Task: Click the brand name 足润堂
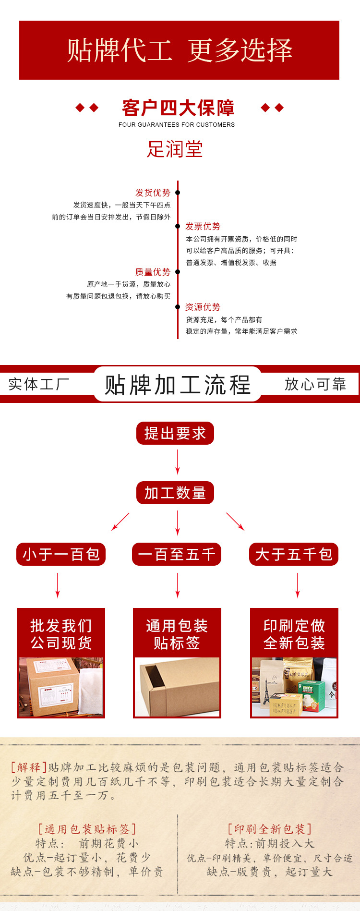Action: (175, 149)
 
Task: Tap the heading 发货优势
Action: (153, 193)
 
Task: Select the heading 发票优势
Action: (203, 226)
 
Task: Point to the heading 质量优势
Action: (153, 272)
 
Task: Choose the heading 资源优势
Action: (203, 307)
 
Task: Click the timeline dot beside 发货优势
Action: (178, 193)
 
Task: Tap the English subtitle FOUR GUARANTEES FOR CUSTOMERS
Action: (177, 124)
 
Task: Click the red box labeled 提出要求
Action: (175, 433)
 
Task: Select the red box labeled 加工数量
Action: (175, 493)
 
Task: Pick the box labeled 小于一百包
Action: (61, 554)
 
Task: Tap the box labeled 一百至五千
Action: (177, 554)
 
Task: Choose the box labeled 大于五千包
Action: (294, 554)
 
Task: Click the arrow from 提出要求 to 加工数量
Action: (178, 462)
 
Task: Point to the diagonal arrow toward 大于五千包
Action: (235, 522)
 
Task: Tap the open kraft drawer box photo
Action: (177, 687)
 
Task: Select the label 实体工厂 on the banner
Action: (39, 384)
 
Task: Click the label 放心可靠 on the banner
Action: (315, 384)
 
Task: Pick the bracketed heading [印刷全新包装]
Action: (270, 829)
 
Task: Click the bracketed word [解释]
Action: (29, 767)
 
